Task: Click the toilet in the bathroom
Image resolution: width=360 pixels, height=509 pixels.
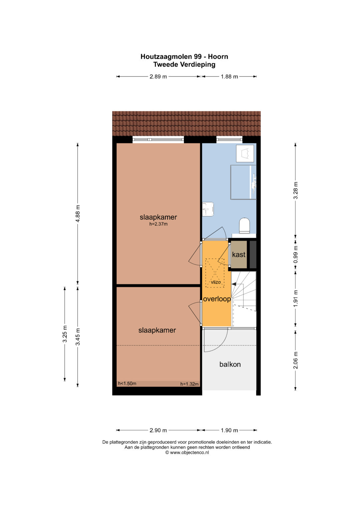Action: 244,226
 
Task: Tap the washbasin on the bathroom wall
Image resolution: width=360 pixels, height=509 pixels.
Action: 208,209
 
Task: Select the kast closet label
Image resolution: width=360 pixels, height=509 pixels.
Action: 239,255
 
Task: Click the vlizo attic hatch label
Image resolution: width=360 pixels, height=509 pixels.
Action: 216,282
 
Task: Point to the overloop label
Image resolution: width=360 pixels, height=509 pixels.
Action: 217,299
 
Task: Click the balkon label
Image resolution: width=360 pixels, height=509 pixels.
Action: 230,364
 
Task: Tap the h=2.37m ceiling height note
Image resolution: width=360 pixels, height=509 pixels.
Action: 158,224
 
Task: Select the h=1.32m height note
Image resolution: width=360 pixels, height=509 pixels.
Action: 190,384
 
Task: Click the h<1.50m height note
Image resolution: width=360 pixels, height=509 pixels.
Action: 127,384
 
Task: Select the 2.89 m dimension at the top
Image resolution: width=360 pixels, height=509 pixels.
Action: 158,77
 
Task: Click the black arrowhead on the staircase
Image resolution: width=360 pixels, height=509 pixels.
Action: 234,284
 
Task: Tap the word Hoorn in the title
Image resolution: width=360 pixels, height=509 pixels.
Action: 218,56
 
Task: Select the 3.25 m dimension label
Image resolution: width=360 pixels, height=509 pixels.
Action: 65,334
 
